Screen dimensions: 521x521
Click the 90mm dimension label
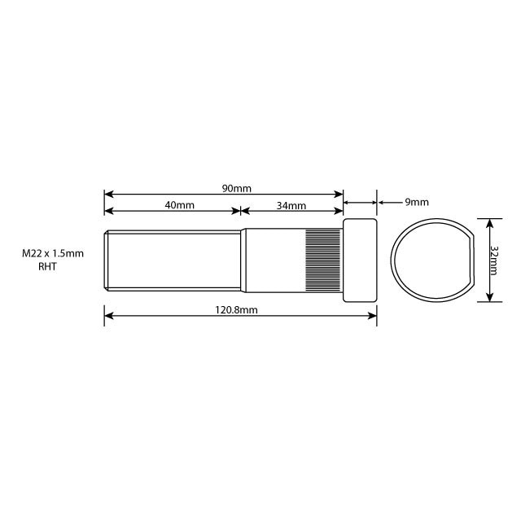[236, 188]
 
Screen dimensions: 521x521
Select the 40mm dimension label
[179, 205]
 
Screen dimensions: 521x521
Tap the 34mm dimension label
[291, 205]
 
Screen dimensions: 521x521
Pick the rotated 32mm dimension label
[496, 259]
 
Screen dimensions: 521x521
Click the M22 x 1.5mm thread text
[53, 254]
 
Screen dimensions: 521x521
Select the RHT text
[49, 266]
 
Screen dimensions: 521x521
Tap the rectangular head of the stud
[360, 260]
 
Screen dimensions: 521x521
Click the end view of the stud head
[431, 260]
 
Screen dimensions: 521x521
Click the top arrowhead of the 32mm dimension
[488, 221]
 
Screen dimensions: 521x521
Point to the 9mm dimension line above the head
[361, 200]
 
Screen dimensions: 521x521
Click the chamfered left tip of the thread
[107, 260]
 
